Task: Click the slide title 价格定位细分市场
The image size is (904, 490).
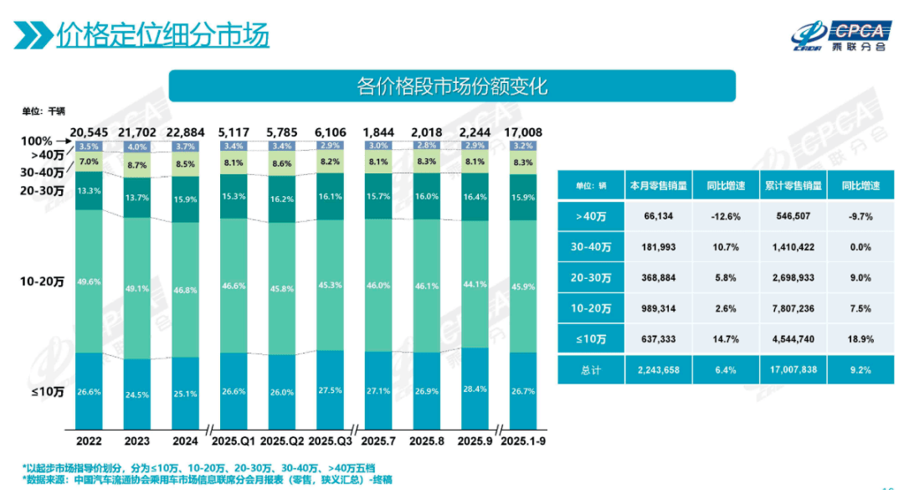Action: point(162,36)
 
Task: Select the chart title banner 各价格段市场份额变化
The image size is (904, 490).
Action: point(452,86)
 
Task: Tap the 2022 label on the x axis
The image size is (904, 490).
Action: point(90,440)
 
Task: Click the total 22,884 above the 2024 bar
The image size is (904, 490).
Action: point(186,132)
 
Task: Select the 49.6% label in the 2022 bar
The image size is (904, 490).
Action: point(89,281)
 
